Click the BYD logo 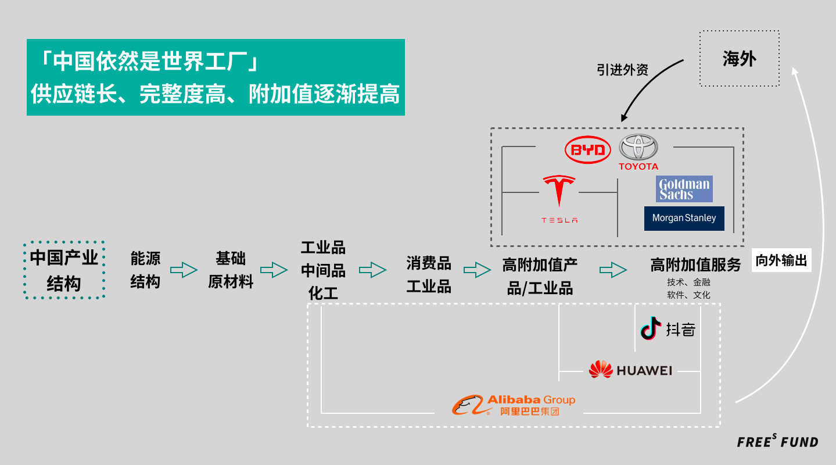click(588, 151)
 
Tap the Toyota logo click(638, 152)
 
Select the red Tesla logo click(559, 199)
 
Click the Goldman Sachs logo click(684, 189)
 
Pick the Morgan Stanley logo click(684, 219)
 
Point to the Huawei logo click(630, 370)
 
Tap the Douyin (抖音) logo click(668, 329)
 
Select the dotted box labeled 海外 click(739, 58)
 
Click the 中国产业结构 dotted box click(64, 270)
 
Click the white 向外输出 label click(781, 261)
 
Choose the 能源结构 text click(145, 270)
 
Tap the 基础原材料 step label click(231, 270)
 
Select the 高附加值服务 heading click(695, 265)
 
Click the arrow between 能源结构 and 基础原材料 click(184, 270)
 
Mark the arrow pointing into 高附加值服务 click(613, 270)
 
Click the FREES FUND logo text click(777, 442)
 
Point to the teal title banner click(216, 77)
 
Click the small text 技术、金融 click(688, 282)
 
